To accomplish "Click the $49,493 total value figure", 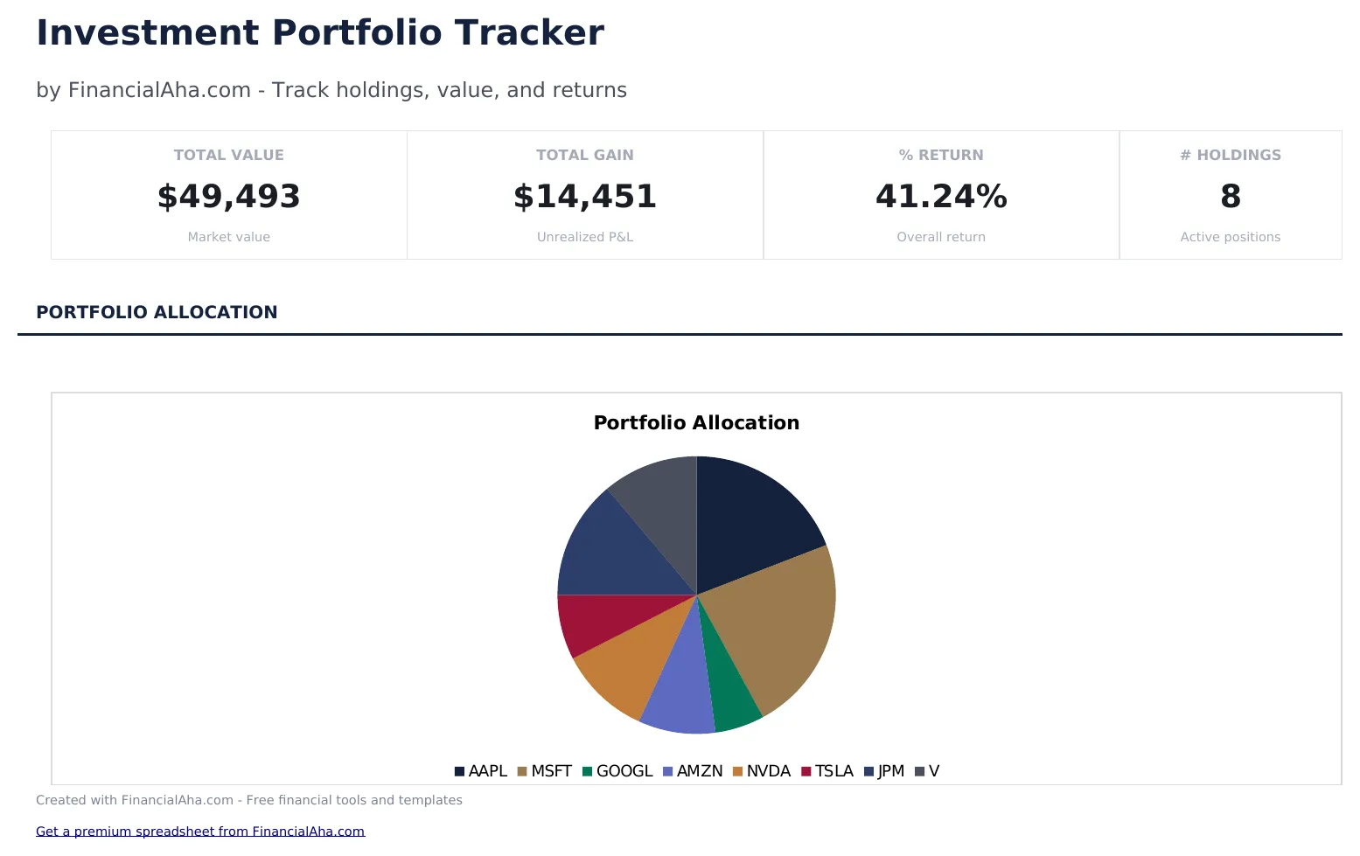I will point(228,197).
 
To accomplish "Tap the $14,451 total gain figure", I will point(584,197).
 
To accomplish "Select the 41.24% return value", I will point(941,197).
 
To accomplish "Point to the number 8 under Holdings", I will point(1230,197).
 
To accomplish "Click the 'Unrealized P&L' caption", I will point(584,237).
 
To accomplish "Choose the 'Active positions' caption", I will point(1230,237).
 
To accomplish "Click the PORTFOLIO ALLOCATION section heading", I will point(157,312).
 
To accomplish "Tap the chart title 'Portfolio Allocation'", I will point(696,423).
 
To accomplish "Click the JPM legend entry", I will point(884,771).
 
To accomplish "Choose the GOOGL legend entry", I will point(617,771).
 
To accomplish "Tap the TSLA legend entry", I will point(827,771).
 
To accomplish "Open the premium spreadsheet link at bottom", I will point(199,832).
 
